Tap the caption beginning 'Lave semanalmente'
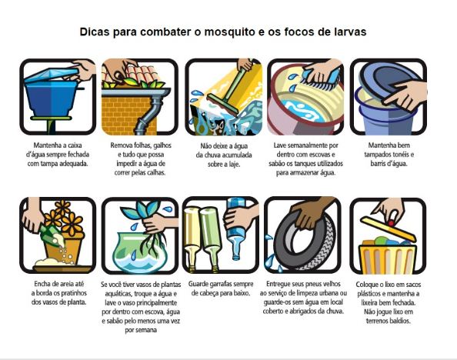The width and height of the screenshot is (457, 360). pyautogui.click(x=305, y=157)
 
